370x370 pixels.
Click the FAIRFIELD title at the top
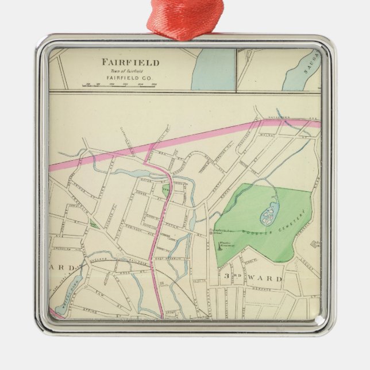point(130,62)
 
